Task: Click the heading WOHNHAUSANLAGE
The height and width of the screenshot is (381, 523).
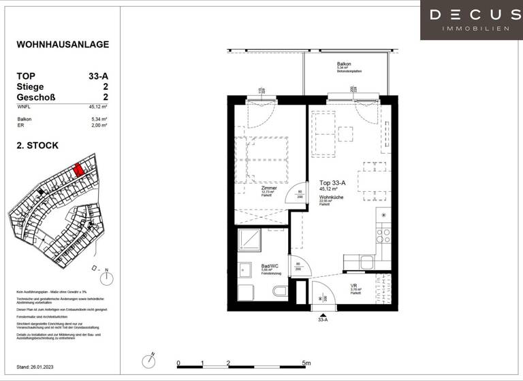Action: click(62, 45)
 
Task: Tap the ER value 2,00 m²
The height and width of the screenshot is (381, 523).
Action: click(99, 126)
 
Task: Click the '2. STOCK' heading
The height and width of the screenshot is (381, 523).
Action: click(37, 145)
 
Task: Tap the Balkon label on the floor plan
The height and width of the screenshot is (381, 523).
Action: click(344, 63)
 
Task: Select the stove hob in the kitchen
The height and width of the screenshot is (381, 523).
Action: click(384, 235)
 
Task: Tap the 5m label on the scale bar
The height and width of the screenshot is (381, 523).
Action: click(306, 363)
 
